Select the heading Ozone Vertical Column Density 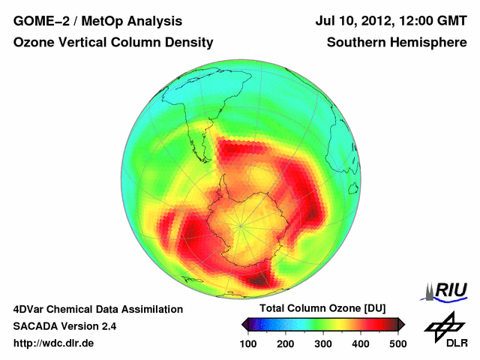pyautogui.click(x=113, y=43)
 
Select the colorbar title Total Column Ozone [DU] pyautogui.click(x=322, y=308)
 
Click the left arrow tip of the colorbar pyautogui.click(x=243, y=324)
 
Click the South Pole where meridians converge pyautogui.click(x=240, y=223)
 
